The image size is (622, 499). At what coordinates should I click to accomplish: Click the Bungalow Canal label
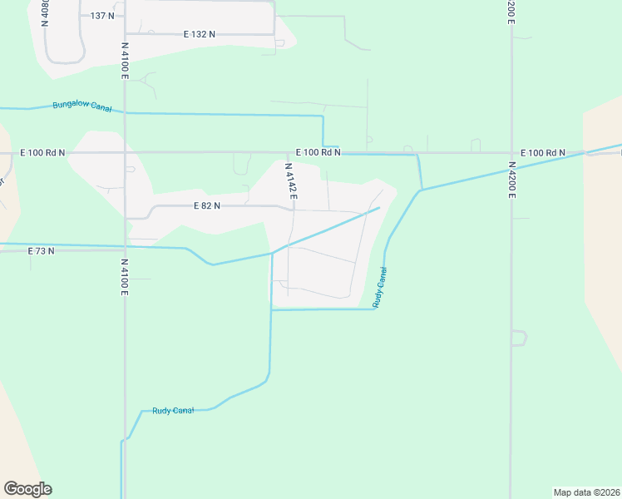[81, 106]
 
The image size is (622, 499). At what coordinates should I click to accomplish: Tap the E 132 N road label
[200, 34]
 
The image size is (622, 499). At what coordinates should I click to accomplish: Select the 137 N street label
[102, 16]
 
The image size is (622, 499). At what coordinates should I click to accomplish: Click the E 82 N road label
[206, 205]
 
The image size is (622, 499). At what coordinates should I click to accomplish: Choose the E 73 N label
[41, 250]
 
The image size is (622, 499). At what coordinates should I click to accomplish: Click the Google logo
[27, 489]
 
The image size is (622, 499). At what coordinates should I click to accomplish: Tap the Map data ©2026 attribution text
[587, 492]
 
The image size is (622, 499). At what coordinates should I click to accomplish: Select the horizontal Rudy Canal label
[173, 411]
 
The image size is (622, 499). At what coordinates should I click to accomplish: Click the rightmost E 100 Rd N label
[543, 153]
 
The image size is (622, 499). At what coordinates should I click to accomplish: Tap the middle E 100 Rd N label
[318, 153]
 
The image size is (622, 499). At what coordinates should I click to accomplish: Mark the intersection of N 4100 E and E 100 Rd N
[125, 153]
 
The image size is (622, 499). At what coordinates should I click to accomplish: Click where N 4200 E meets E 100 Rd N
[511, 153]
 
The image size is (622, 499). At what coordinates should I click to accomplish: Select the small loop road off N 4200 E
[519, 338]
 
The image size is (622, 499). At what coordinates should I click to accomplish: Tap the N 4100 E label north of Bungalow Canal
[125, 61]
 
